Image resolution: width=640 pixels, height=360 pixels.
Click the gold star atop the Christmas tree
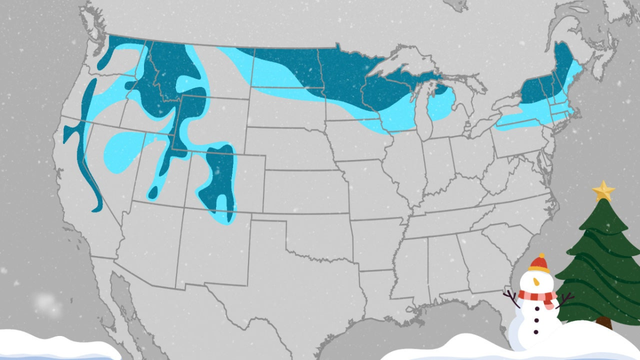coord(603,190)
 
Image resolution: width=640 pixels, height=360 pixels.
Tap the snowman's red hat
coord(539,262)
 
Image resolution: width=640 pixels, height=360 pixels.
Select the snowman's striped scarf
coord(538,297)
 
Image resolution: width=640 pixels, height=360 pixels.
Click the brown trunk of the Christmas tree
coord(604,323)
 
